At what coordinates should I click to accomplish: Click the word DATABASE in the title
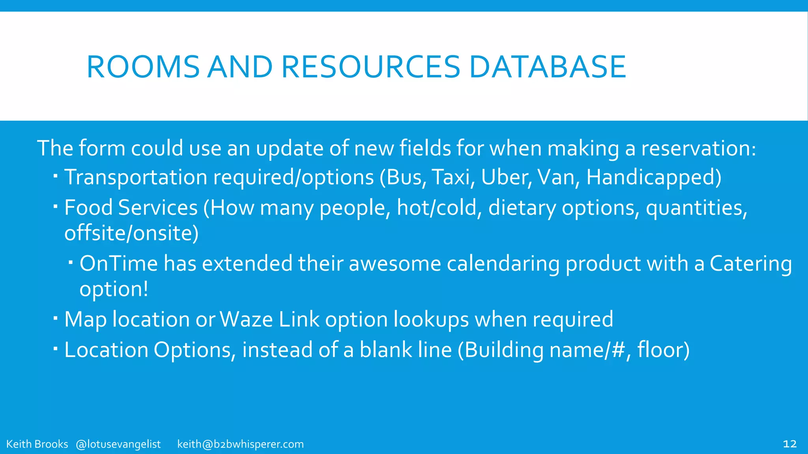tap(547, 67)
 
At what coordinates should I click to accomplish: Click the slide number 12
tap(789, 444)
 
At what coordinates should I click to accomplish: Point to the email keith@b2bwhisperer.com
tap(240, 444)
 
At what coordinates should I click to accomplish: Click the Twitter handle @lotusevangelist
tap(118, 444)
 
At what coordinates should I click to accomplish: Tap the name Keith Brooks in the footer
tap(37, 444)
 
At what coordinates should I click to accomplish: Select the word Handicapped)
tap(654, 177)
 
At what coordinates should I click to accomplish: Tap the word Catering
tap(750, 264)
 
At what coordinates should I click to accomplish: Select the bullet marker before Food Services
tap(56, 205)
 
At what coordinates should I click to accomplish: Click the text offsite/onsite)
tap(131, 233)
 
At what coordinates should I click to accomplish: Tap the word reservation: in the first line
tap(698, 149)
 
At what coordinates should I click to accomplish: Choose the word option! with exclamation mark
tap(114, 290)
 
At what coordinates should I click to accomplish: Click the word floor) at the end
tap(663, 350)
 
